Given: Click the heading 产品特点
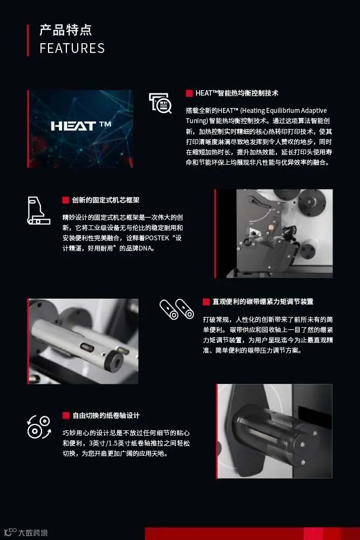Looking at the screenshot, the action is tap(65, 30).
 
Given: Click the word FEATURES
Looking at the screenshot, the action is tap(72, 48).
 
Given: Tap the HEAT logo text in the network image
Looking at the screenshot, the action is tap(81, 126).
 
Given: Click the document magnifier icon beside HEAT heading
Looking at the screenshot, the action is tap(160, 103).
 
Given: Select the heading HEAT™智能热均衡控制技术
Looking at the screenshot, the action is tap(237, 93).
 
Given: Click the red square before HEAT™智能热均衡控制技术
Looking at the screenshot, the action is tap(189, 93).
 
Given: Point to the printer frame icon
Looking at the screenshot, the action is tap(38, 211).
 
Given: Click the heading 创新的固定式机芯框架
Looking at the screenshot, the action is tap(106, 200).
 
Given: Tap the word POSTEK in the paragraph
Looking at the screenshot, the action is tap(157, 238).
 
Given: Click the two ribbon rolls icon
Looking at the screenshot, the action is tap(176, 309).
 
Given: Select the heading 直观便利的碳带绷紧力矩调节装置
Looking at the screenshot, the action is tap(263, 302).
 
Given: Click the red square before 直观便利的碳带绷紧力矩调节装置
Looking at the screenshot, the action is tap(206, 302).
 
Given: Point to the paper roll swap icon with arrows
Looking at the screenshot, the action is tap(39, 427).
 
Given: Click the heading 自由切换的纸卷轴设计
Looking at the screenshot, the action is tap(106, 416).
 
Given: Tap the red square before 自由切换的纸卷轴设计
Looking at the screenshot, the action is tap(66, 416).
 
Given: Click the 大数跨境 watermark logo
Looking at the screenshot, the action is tap(26, 532).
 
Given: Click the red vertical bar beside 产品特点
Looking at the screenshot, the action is tap(28, 40).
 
